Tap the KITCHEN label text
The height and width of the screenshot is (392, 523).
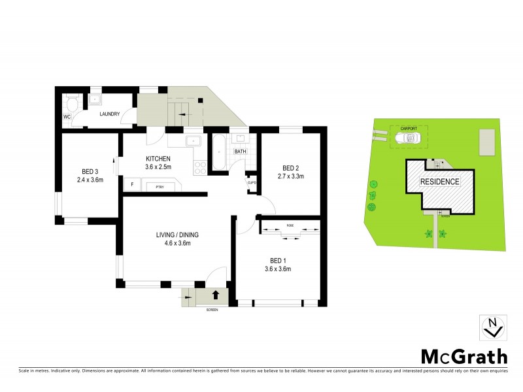pyautogui.click(x=158, y=159)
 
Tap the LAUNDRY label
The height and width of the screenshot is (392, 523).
pyautogui.click(x=109, y=114)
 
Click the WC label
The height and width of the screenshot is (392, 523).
pyautogui.click(x=67, y=116)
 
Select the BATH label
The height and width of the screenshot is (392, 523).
pyautogui.click(x=240, y=152)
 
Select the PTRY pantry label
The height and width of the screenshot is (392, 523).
pyautogui.click(x=159, y=187)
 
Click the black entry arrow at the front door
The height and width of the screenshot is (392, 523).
pyautogui.click(x=216, y=295)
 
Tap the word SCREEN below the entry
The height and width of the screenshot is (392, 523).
pyautogui.click(x=211, y=309)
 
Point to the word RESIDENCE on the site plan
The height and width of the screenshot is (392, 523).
pyautogui.click(x=439, y=182)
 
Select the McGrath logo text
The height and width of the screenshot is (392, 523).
pyautogui.click(x=463, y=356)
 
